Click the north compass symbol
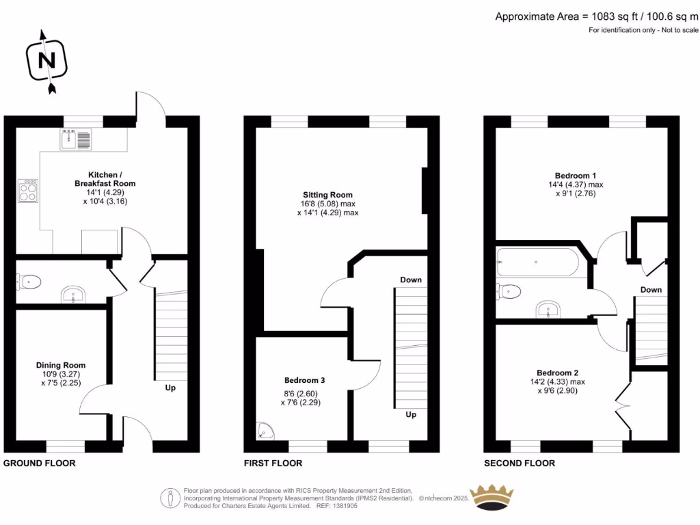pos(46,61)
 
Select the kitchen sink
pos(75,140)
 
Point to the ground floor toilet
pos(30,281)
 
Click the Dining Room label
pos(61,365)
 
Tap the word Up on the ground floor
pos(170,388)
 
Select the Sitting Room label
pos(328,195)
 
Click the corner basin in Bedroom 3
pos(266,429)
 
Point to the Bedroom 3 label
pos(304,380)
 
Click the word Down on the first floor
pos(411,280)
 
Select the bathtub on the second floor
pos(539,261)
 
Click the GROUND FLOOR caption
pos(40,463)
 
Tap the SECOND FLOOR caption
pos(520,463)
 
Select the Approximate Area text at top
pos(596,16)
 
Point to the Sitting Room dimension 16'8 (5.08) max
pos(328,204)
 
